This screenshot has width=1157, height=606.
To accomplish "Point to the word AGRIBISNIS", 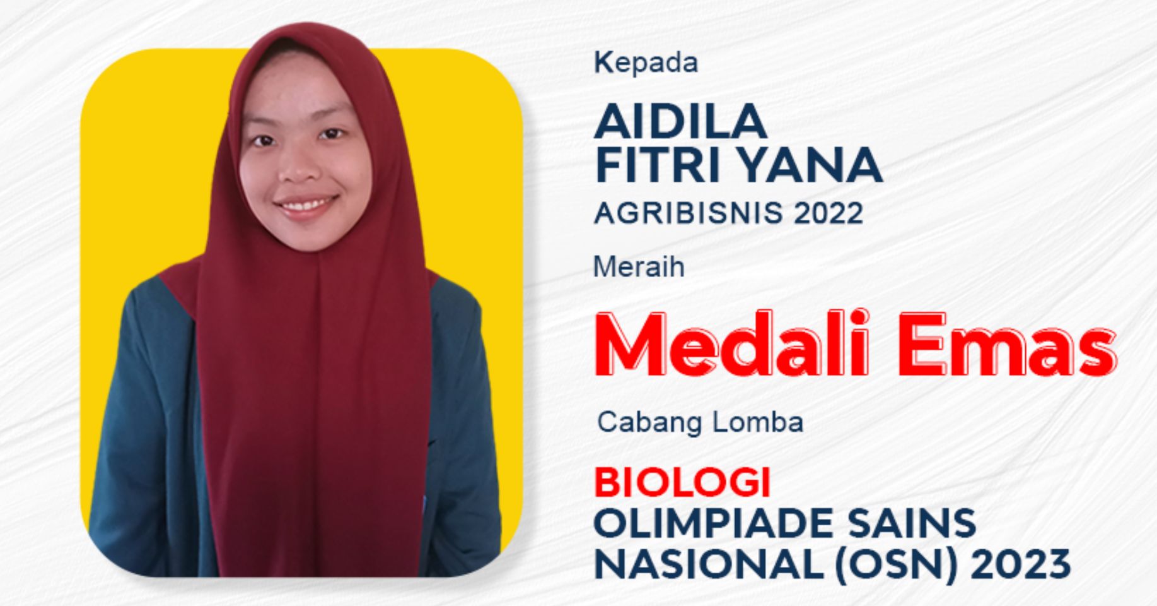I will pyautogui.click(x=689, y=213).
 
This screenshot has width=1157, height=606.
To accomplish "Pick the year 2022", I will pyautogui.click(x=828, y=213).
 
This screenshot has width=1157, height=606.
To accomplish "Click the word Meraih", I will pyautogui.click(x=639, y=268).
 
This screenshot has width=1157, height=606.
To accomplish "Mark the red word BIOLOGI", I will pyautogui.click(x=682, y=483).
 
